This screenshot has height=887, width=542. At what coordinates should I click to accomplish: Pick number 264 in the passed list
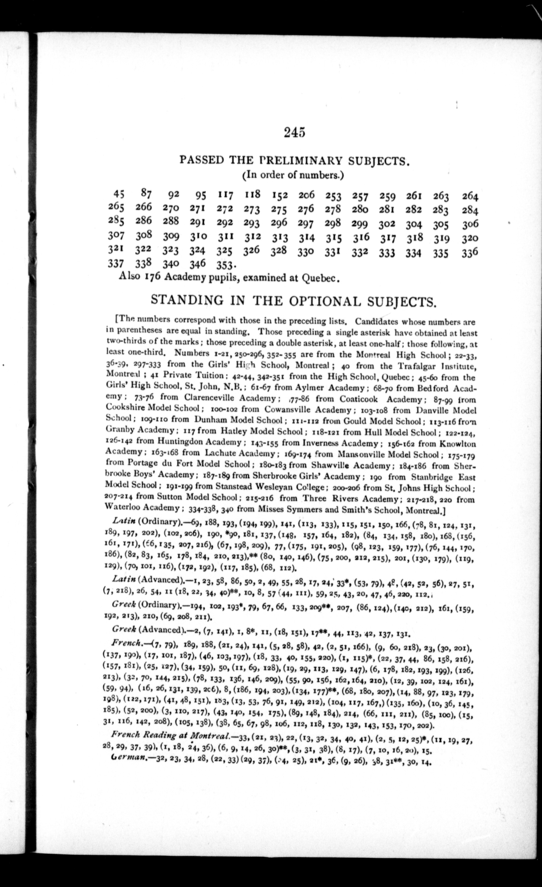(470, 197)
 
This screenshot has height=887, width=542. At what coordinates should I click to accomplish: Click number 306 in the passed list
(470, 224)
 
